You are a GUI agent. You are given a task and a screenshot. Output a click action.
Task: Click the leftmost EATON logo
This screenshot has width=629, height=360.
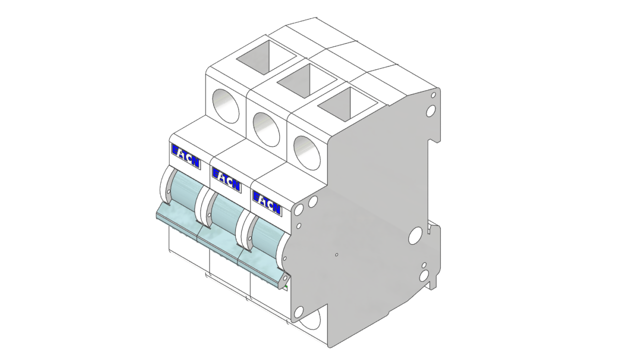pos(186,156)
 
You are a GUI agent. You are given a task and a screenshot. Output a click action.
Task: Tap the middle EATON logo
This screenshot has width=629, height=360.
pos(227,180)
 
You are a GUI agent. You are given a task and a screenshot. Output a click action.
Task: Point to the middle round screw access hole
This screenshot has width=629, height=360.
pos(266,129)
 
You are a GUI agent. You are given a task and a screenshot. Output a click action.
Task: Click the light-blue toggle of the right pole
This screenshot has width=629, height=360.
pos(265,242)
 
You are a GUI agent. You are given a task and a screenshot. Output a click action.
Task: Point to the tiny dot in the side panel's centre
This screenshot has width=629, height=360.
pos(336,255)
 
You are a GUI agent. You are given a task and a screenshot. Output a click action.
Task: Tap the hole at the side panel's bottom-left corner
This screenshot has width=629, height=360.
pos(298,310)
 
